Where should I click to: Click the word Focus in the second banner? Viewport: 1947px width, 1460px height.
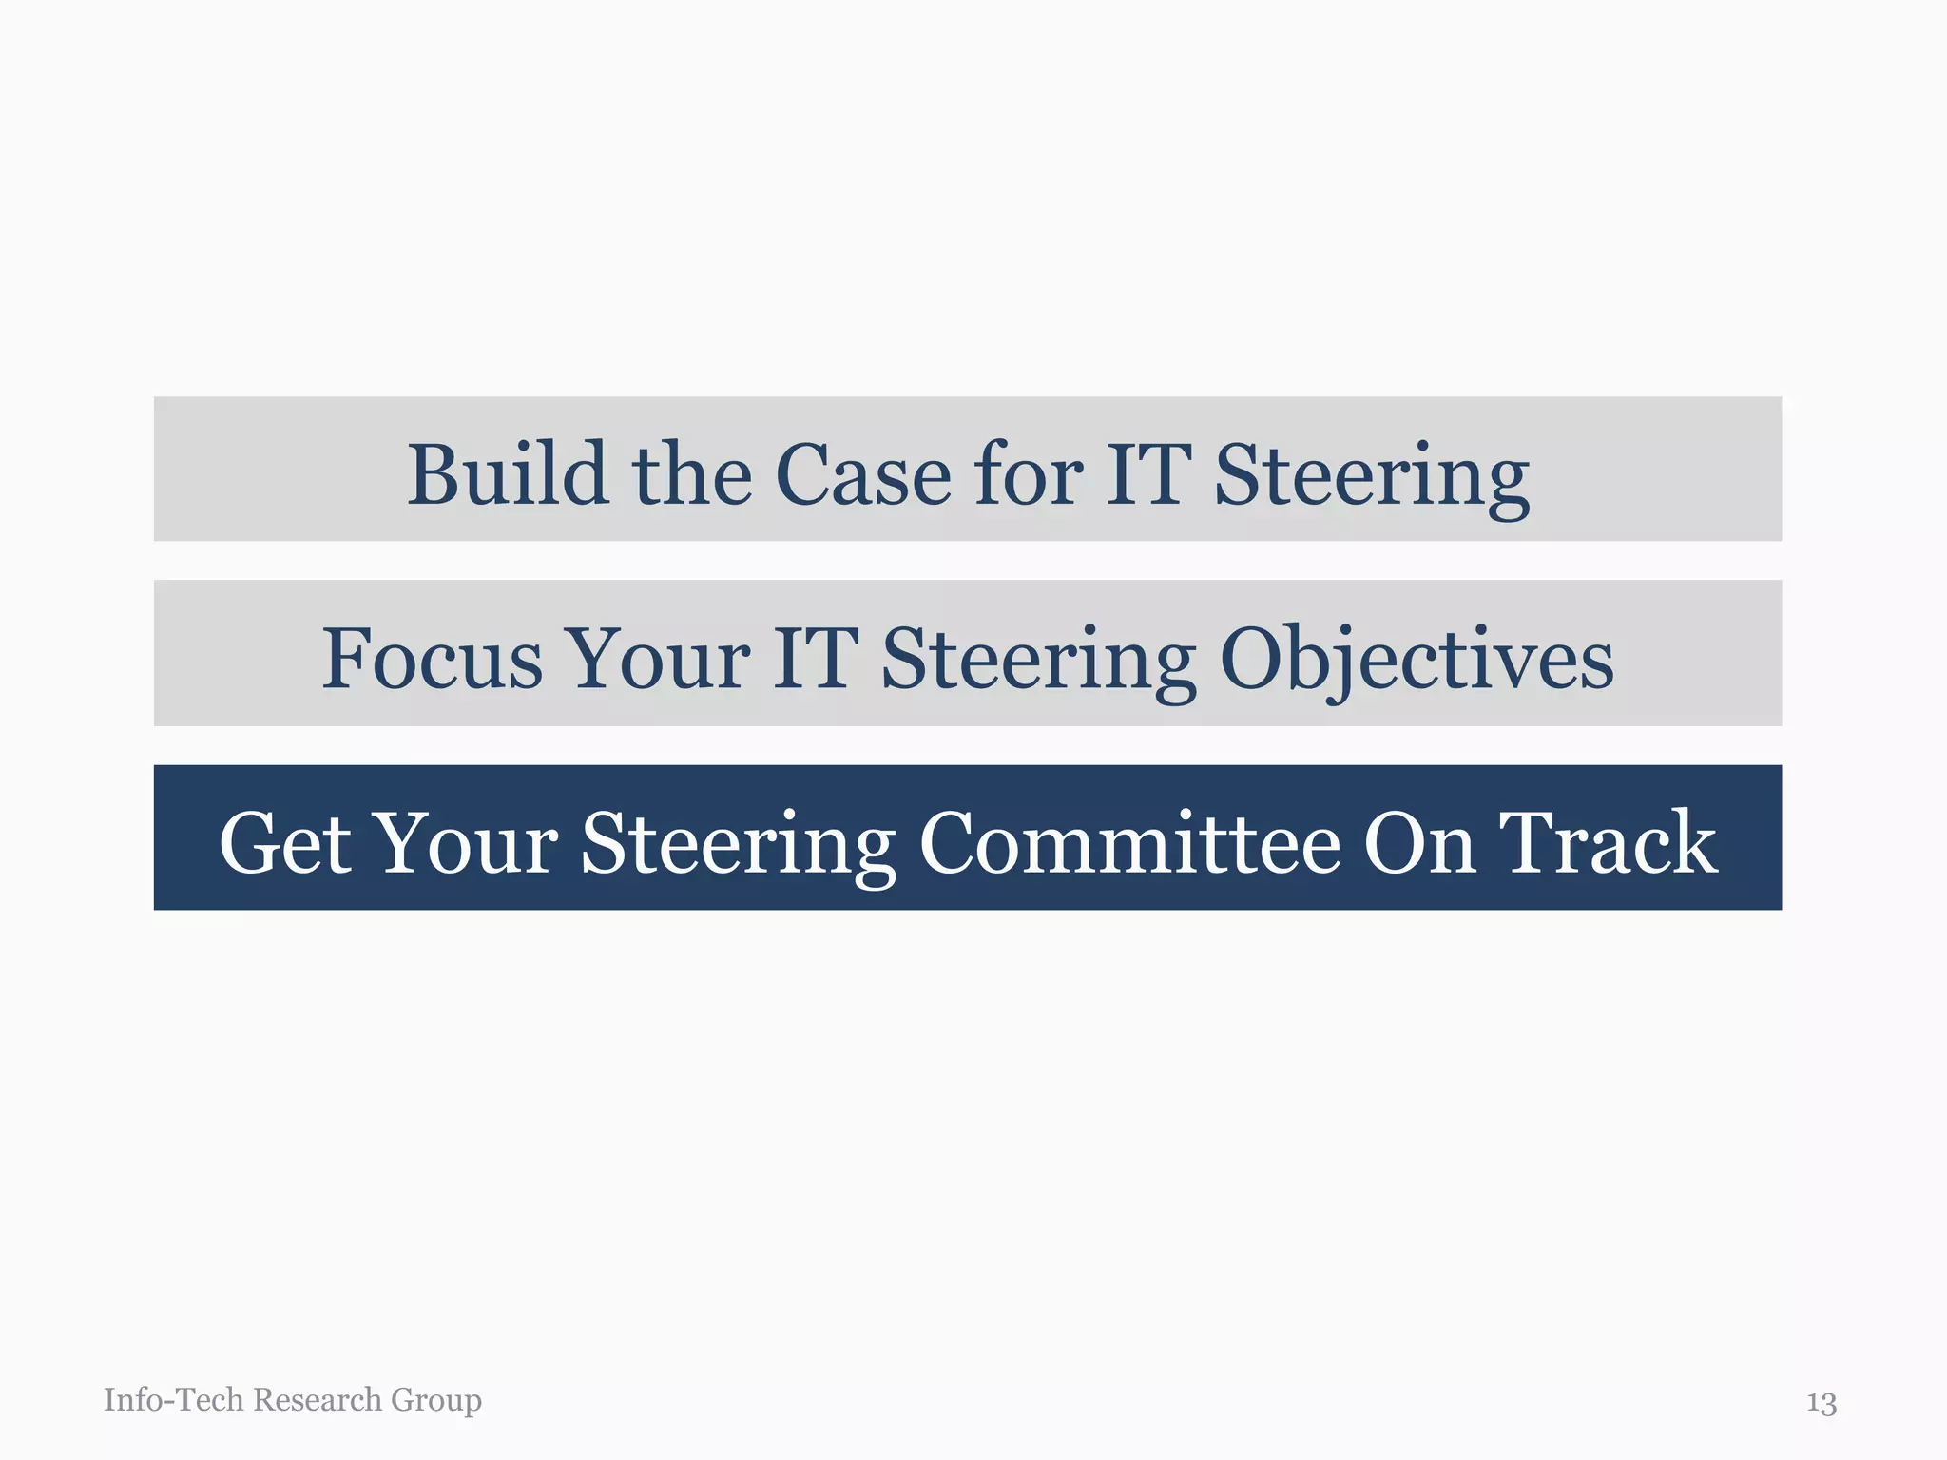432,658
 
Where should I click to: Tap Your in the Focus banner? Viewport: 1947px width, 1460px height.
658,658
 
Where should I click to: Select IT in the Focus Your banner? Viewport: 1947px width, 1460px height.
816,658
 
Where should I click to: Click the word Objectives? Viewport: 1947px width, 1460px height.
1417,660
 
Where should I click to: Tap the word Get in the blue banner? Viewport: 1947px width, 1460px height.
284,842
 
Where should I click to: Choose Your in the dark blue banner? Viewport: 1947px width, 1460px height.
467,842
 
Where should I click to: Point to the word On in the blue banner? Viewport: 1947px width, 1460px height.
1419,842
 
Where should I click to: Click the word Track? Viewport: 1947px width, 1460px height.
1608,842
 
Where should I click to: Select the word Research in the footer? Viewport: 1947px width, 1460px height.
318,1399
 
